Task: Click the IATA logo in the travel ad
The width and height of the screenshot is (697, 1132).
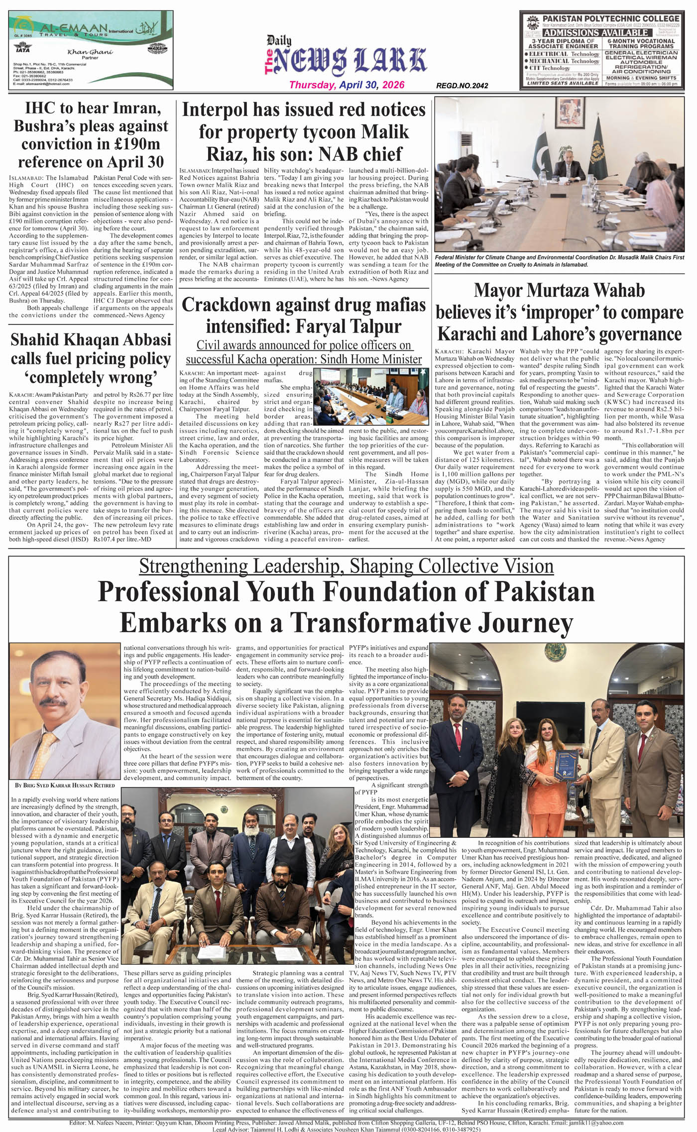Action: click(23, 49)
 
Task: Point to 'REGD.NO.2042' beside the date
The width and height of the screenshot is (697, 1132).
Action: click(462, 86)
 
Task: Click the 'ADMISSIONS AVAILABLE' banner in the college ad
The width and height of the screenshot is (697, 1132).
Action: click(595, 33)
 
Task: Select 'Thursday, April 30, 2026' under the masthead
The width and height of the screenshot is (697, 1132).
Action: click(347, 85)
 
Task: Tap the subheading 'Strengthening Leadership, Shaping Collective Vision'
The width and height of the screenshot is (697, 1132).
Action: click(346, 566)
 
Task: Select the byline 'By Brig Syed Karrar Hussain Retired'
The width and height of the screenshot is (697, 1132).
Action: click(65, 785)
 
